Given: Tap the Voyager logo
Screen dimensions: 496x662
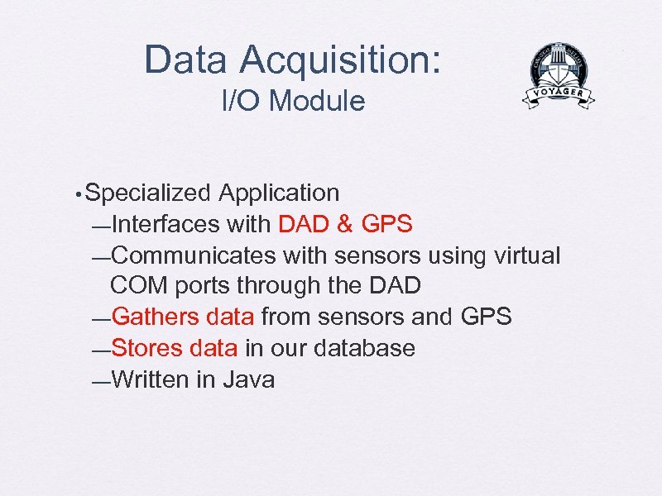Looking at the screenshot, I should tap(559, 77).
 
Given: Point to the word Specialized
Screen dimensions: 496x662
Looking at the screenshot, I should tap(148, 193).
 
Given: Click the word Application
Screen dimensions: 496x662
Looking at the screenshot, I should tap(279, 193).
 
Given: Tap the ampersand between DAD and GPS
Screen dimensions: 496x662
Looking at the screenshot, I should tap(346, 224).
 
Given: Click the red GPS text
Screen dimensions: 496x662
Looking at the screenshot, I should tap(387, 224).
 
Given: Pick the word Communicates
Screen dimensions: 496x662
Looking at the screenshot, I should tap(192, 255).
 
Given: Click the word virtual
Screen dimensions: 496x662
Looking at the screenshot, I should tap(525, 255).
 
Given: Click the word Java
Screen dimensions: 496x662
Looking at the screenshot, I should tap(249, 379).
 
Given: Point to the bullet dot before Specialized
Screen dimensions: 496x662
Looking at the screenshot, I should tap(76, 195).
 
